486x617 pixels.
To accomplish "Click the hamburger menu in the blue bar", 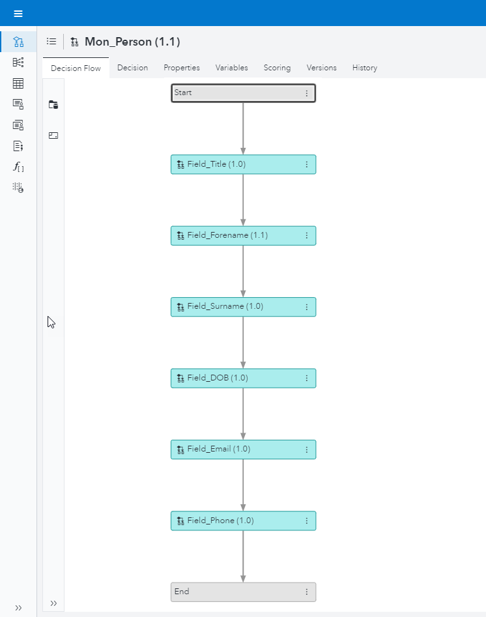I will click(x=18, y=13).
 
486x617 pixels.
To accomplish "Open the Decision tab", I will click(x=132, y=68).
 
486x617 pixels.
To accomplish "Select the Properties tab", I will click(x=181, y=68).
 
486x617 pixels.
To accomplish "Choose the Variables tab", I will click(x=231, y=68).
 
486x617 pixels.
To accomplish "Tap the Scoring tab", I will click(x=277, y=68).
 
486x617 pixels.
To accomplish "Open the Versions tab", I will click(x=321, y=68).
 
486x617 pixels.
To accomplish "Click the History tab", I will click(x=364, y=68).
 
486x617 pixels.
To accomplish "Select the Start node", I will click(x=235, y=93).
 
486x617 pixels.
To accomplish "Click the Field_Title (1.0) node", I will click(x=235, y=164).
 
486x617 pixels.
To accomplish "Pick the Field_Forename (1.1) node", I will click(x=235, y=235).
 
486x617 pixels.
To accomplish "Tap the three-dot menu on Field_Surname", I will click(x=307, y=307).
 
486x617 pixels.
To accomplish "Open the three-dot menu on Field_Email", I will click(x=307, y=449).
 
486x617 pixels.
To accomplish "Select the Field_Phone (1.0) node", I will click(x=235, y=521).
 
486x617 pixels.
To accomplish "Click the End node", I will click(x=235, y=592).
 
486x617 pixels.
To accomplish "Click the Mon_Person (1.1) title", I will click(x=132, y=42).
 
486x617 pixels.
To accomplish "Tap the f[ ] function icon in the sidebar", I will click(x=18, y=167).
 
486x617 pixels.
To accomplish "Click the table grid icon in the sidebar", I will click(x=18, y=83).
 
